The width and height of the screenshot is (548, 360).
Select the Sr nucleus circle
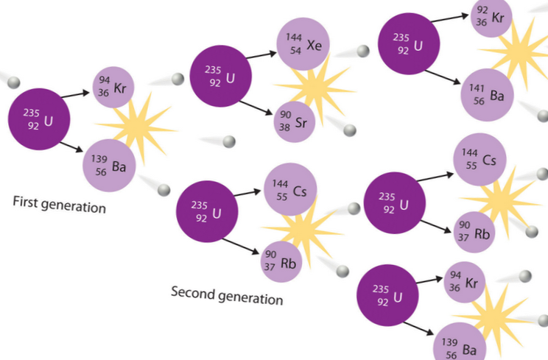[x=295, y=121]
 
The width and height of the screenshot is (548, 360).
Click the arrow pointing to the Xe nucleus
[x=261, y=54]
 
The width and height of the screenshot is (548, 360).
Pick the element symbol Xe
[x=315, y=43]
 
